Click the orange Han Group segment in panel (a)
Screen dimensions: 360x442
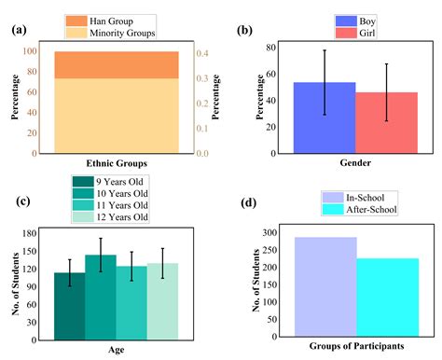(x=117, y=64)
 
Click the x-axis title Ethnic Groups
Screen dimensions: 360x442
(x=117, y=164)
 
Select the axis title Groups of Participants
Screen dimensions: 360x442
(x=356, y=346)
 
